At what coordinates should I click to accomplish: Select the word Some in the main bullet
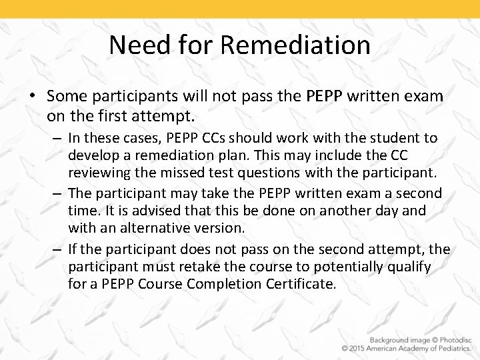(70, 97)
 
